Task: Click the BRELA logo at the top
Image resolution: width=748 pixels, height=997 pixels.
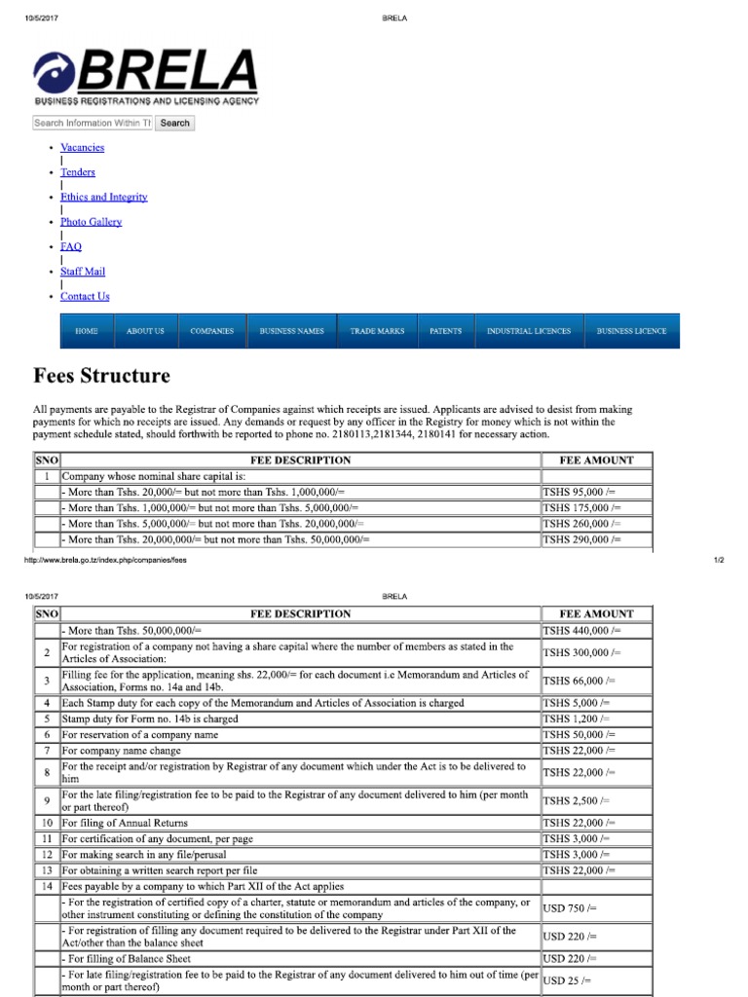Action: point(146,77)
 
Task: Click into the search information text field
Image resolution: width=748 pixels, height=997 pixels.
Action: point(93,124)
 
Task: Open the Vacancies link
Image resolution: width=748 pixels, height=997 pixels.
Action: point(82,148)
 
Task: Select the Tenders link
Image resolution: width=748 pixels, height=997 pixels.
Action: point(78,172)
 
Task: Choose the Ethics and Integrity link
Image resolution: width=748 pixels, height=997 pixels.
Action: point(103,197)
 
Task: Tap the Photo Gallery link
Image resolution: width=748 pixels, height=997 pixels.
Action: point(91,222)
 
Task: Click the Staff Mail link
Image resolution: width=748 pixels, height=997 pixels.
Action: point(83,272)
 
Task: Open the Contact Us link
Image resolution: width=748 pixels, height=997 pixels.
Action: point(85,297)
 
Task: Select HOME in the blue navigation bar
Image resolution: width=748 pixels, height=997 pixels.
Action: point(87,331)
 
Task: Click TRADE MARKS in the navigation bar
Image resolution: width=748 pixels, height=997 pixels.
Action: point(377,331)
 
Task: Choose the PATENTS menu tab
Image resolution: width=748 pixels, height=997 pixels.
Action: point(445,331)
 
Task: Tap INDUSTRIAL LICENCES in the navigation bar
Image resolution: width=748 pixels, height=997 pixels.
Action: point(529,331)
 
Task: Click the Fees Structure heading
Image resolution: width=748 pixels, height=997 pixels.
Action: point(101,376)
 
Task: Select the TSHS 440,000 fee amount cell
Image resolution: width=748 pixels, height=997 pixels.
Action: point(581,631)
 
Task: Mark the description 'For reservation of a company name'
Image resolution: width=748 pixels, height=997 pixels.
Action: point(139,734)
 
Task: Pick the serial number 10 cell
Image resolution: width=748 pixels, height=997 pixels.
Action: point(47,823)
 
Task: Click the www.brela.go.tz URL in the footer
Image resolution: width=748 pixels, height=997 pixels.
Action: point(104,561)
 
